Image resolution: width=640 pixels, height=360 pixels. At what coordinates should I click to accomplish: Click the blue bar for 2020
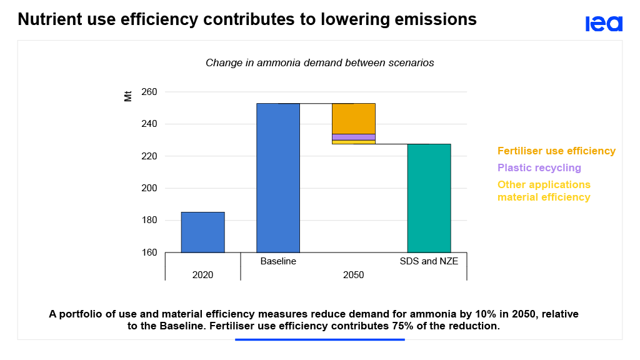click(x=202, y=232)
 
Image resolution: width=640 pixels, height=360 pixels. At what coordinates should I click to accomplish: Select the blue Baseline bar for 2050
click(x=278, y=177)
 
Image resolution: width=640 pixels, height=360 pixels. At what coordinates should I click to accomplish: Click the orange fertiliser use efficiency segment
click(x=353, y=118)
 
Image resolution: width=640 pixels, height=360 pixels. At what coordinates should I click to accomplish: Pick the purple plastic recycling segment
click(x=353, y=137)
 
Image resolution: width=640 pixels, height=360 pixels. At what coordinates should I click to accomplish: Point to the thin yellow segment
click(x=353, y=142)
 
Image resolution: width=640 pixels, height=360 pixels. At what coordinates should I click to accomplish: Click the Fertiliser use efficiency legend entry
click(x=556, y=151)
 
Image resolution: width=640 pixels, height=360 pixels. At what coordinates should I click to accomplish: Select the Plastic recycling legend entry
click(x=539, y=168)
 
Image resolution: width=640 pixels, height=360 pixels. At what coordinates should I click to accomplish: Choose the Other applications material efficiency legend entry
click(x=544, y=191)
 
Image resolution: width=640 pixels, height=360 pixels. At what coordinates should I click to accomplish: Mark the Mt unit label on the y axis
click(x=128, y=96)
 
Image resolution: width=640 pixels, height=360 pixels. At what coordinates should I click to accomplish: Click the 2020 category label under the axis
click(x=202, y=274)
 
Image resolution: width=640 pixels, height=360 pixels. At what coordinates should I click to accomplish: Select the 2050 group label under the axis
click(x=353, y=274)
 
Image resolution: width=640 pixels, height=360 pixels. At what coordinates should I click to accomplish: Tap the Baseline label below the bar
click(x=278, y=261)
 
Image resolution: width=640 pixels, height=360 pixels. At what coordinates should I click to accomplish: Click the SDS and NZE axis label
click(x=429, y=261)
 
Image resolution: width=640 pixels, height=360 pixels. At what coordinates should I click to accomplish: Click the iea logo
click(x=604, y=24)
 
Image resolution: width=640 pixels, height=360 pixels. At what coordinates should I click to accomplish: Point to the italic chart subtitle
click(x=319, y=63)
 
